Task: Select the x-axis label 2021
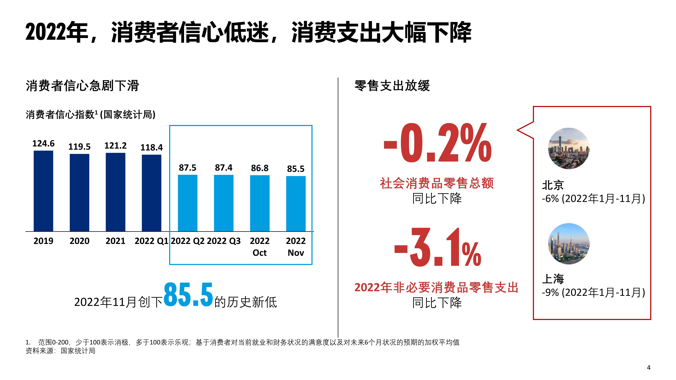tap(115, 241)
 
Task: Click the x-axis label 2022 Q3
tap(224, 241)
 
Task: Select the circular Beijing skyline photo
tap(569, 148)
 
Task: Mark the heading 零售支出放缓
tap(392, 86)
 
